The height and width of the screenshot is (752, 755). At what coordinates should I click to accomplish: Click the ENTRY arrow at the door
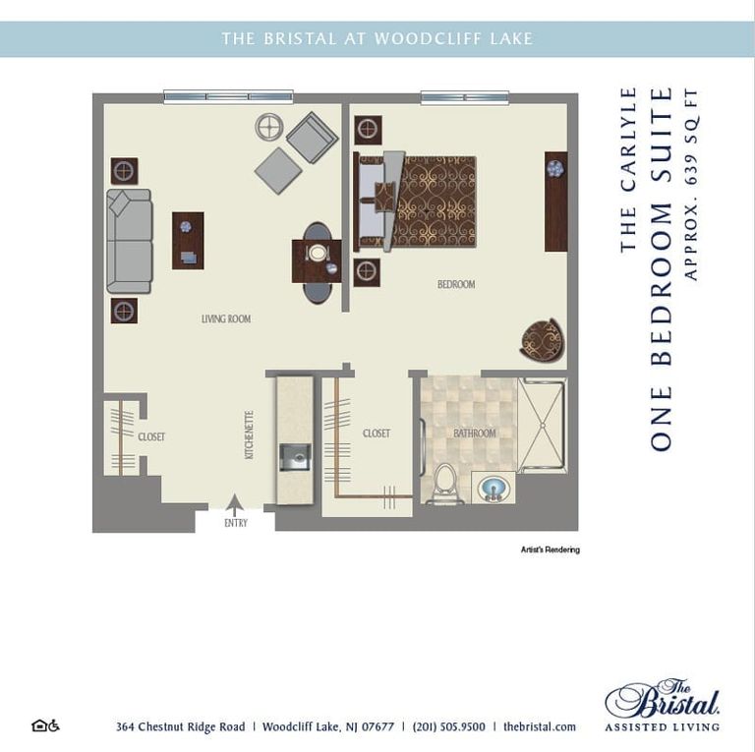tap(234, 504)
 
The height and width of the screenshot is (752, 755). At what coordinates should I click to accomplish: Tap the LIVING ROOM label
tap(226, 319)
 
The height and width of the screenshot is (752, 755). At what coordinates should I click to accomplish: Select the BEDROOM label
tap(456, 284)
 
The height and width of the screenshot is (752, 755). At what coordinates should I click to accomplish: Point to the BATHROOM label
tap(474, 434)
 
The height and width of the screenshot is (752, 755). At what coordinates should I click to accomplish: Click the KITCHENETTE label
tap(250, 435)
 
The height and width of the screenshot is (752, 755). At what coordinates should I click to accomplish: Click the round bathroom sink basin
tap(493, 488)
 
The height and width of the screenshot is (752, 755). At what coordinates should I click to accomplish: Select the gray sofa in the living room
tap(130, 242)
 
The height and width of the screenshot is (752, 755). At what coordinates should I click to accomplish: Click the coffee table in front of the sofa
tap(188, 241)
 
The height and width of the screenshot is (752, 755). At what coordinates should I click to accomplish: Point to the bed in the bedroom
tap(418, 201)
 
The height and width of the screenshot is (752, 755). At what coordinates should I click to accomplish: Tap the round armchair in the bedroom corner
tap(542, 340)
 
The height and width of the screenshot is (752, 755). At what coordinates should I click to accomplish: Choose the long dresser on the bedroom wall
tap(555, 202)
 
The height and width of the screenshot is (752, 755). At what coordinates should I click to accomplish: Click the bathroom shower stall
tap(542, 426)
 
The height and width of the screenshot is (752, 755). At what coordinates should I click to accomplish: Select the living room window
tap(228, 96)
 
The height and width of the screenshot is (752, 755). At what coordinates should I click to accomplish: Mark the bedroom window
tap(464, 96)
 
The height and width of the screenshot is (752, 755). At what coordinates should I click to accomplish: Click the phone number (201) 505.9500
tap(448, 726)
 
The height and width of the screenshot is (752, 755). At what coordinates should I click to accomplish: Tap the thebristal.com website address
tap(539, 726)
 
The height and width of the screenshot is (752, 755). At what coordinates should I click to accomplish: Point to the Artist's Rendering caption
tap(550, 550)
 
